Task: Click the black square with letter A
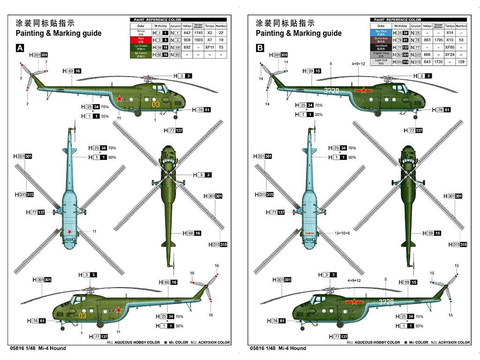[20, 48]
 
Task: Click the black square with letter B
[260, 48]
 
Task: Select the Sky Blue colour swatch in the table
[381, 33]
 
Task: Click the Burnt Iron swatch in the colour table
[381, 40]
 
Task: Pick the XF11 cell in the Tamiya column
[210, 47]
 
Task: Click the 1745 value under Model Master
[198, 33]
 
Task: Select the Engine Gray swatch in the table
[381, 54]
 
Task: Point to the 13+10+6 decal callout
[342, 233]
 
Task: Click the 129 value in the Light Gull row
[461, 62]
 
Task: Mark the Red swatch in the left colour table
[141, 40]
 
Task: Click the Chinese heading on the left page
[45, 23]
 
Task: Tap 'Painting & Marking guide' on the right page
[299, 33]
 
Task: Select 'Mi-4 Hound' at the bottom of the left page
[52, 348]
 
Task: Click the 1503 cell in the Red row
[198, 40]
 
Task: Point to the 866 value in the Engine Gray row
[427, 54]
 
